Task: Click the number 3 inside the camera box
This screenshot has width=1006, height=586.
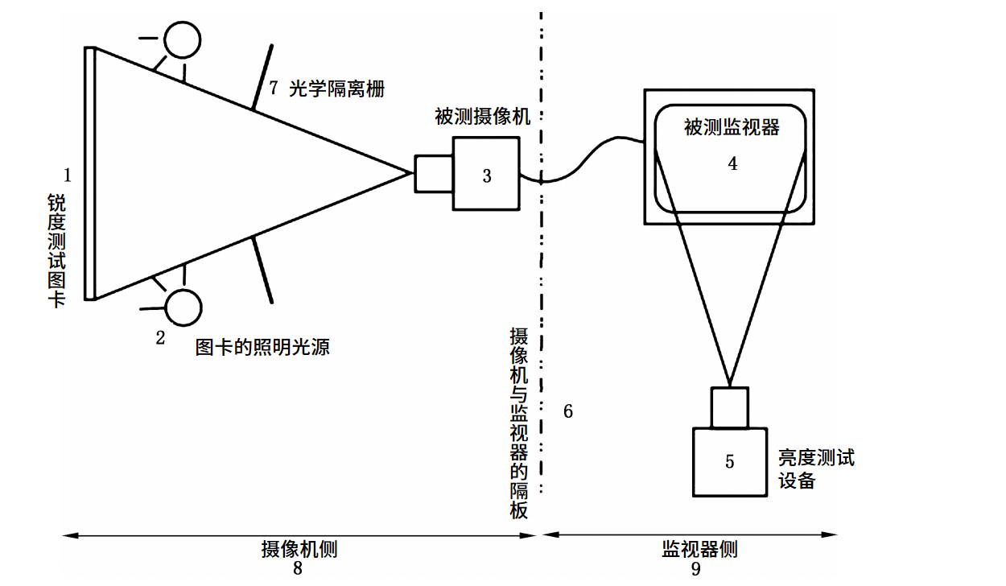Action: pos(486,175)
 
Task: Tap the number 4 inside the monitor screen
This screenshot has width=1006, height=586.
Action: pos(732,163)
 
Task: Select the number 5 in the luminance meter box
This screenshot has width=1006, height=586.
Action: pos(729,461)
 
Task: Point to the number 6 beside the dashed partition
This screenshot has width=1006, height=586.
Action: pos(567,411)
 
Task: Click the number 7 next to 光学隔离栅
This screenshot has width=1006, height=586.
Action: pos(274,88)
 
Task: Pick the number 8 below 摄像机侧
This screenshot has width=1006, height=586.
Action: pos(298,568)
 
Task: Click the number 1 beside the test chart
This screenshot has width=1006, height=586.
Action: pos(68,174)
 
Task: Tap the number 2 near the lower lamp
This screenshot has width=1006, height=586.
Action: pos(160,338)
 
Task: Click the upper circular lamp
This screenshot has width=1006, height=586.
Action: pos(182,37)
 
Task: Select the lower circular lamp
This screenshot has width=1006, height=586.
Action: pos(183,307)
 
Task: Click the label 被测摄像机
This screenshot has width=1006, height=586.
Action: pos(482,118)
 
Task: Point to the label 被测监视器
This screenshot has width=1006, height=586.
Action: pos(732,127)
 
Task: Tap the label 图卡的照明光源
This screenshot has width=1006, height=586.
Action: pos(262,348)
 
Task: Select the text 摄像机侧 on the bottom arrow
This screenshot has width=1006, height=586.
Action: pos(299,549)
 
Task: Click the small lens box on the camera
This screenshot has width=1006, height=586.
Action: pos(433,173)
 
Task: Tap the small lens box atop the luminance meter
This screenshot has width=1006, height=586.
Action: pos(729,407)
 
